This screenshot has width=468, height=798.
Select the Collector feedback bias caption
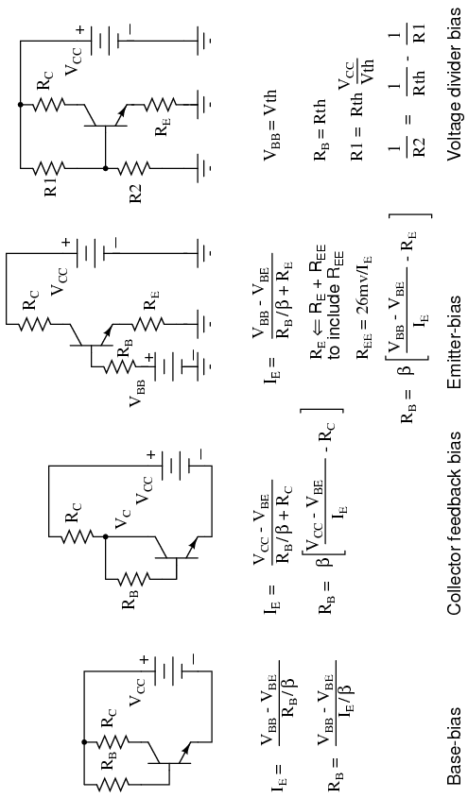coord(454,524)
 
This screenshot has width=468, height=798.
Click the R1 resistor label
coord(50,186)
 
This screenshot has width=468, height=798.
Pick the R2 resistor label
coord(135,194)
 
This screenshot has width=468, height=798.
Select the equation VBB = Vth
coord(270,126)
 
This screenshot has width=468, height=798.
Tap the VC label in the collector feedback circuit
coord(122,517)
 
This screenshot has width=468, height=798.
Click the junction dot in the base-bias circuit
coord(84,742)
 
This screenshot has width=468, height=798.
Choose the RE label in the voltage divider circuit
coord(162,127)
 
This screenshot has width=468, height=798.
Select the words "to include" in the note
coord(335,325)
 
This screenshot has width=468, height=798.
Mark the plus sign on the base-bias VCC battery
coord(144,659)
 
